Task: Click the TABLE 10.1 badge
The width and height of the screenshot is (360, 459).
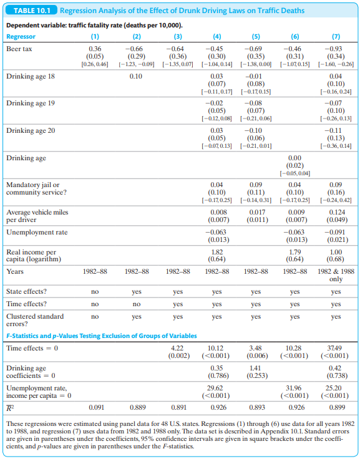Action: (x=31, y=11)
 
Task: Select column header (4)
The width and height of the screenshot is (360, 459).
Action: (x=216, y=37)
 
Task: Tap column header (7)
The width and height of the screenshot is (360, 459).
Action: (x=336, y=37)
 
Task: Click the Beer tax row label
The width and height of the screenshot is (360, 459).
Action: (x=19, y=49)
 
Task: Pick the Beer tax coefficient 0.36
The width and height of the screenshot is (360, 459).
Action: (x=95, y=49)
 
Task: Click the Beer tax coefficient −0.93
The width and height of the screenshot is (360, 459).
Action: (x=336, y=49)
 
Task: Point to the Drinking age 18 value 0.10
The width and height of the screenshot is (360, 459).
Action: (x=136, y=77)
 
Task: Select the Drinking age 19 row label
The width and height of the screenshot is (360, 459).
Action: (x=31, y=104)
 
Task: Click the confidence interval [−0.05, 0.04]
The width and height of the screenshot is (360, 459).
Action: (x=295, y=173)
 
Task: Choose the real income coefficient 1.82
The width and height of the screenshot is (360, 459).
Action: (x=216, y=252)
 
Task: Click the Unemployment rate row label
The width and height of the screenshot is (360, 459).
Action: (x=37, y=233)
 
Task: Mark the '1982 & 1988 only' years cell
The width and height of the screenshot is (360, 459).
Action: (x=336, y=275)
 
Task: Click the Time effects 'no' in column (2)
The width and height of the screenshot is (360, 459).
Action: (x=137, y=304)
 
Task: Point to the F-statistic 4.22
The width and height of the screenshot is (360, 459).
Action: (x=177, y=349)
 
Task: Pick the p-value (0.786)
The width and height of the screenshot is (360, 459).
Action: (x=216, y=376)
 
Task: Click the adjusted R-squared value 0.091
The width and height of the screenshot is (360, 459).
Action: (x=97, y=407)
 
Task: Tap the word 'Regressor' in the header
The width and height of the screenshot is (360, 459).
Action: (x=21, y=37)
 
